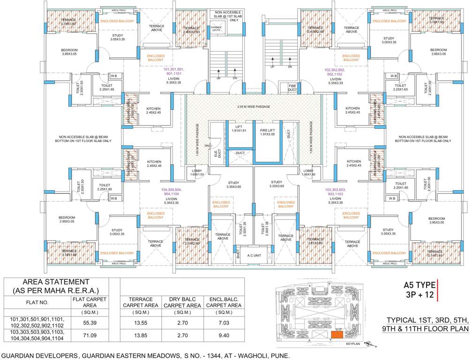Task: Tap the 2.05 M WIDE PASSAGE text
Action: [254, 107]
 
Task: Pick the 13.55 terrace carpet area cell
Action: [138, 323]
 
